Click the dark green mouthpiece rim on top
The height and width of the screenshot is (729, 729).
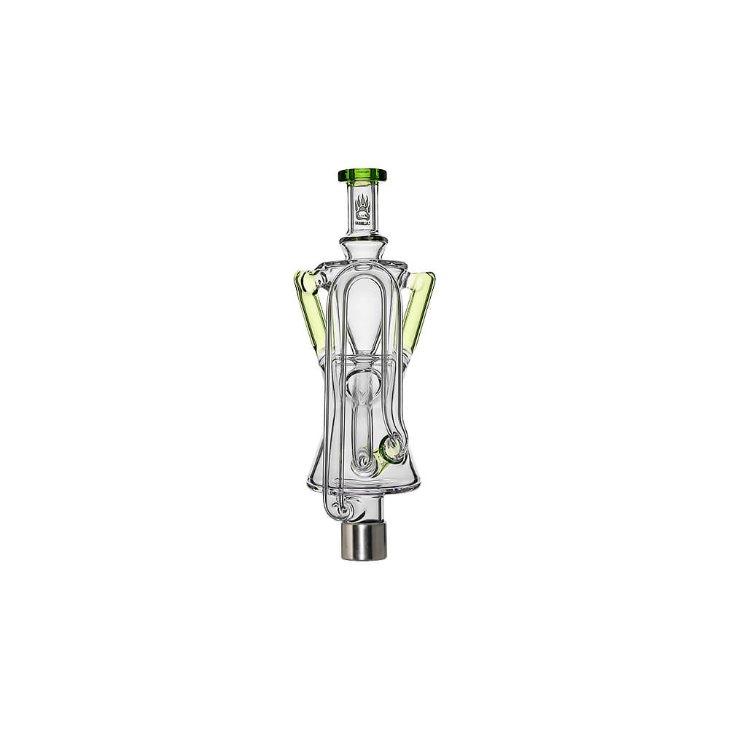point(362,175)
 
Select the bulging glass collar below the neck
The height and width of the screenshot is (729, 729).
point(362,239)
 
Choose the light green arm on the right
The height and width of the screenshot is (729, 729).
point(419,306)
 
